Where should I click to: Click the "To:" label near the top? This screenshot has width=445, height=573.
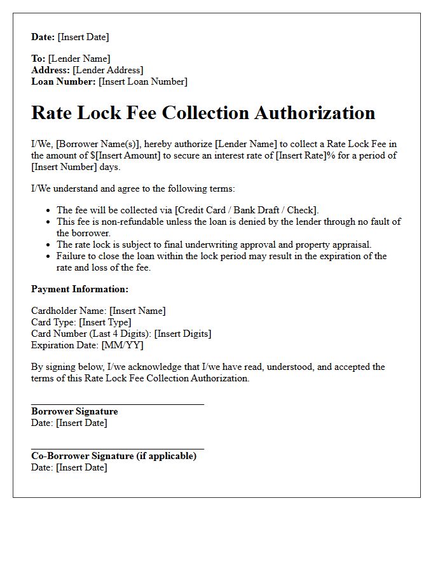(x=38, y=59)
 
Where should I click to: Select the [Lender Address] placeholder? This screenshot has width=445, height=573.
(x=108, y=70)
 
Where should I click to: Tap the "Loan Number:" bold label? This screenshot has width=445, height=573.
(x=64, y=81)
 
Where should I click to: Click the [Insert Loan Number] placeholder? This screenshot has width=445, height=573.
(x=143, y=81)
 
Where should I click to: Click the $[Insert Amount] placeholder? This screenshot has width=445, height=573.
(x=126, y=155)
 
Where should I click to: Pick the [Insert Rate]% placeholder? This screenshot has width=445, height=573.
(x=305, y=155)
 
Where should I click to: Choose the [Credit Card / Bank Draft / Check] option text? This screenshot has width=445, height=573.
(x=246, y=210)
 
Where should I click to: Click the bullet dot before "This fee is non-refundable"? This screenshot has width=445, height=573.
(x=48, y=222)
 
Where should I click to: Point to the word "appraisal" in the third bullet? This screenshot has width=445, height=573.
(x=350, y=244)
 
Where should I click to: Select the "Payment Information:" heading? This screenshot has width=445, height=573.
(x=80, y=289)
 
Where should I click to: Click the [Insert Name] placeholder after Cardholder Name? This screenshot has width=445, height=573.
(x=137, y=311)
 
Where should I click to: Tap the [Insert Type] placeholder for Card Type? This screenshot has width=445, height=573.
(x=105, y=322)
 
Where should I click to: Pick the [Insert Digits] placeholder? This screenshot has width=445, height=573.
(x=183, y=334)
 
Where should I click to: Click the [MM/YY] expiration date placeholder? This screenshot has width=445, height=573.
(x=122, y=345)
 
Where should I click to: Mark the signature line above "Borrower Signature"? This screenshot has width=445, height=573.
(x=118, y=404)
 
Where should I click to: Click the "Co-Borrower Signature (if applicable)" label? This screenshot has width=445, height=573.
(x=114, y=456)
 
